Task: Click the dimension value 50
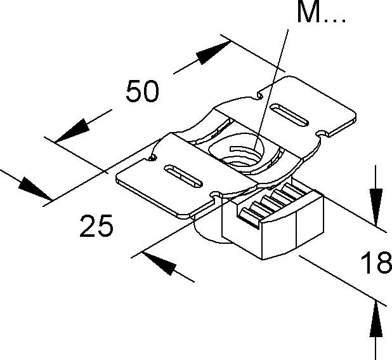(x=141, y=93)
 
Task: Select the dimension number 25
(x=96, y=225)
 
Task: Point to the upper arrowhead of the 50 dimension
(x=212, y=55)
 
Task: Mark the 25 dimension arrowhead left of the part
(x=34, y=189)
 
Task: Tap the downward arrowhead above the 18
(x=376, y=206)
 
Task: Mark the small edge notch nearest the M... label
(x=259, y=96)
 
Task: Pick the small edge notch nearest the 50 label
(x=153, y=157)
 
